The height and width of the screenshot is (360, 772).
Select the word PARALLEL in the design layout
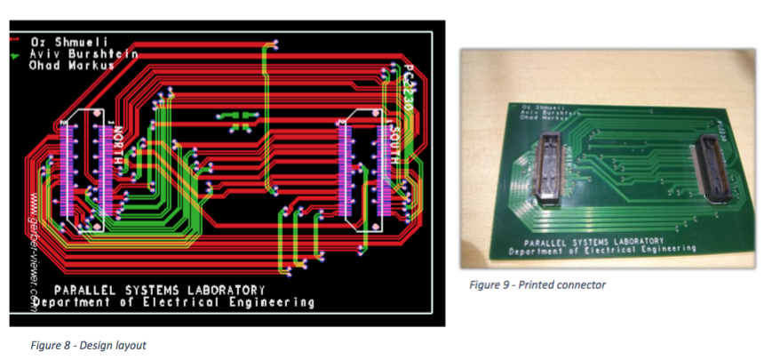[84, 291]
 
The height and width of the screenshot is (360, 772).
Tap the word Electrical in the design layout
[184, 302]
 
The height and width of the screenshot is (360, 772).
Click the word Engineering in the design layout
[270, 302]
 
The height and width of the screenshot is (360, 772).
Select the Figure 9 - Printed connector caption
[537, 284]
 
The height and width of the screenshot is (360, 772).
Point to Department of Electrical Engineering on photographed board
[601, 251]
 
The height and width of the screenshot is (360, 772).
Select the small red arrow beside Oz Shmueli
[15, 40]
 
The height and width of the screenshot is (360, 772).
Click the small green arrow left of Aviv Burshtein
[14, 53]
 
